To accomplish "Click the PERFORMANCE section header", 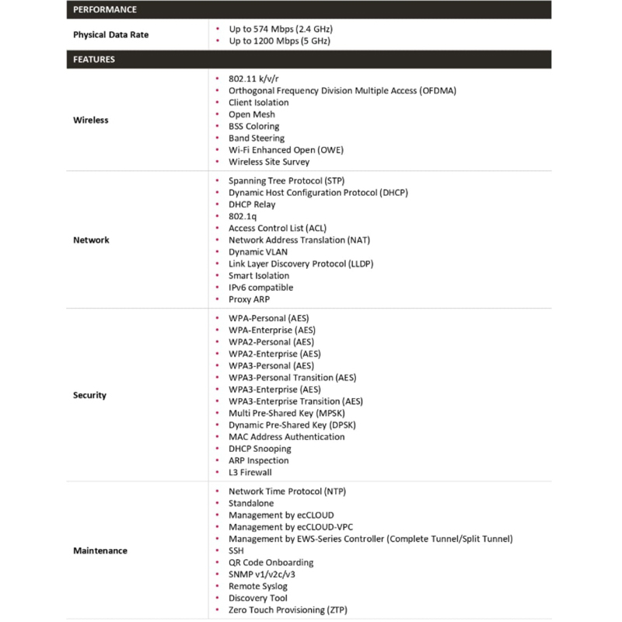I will [104, 9].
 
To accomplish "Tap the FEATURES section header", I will [94, 59].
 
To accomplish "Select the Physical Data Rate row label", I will [110, 35].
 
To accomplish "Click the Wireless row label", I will [91, 121].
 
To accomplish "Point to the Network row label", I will [91, 240].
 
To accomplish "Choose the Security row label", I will [89, 395].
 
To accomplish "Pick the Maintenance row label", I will [100, 550].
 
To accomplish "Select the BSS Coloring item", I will [253, 126].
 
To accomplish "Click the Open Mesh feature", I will [251, 114].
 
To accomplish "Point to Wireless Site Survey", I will [269, 162].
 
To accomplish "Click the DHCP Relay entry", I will [252, 204].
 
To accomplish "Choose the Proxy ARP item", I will [249, 299].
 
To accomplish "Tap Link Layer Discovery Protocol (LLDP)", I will [301, 264].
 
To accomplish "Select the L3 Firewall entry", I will [250, 472].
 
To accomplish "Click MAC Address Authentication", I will [287, 437].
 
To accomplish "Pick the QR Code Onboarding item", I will [271, 562].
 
